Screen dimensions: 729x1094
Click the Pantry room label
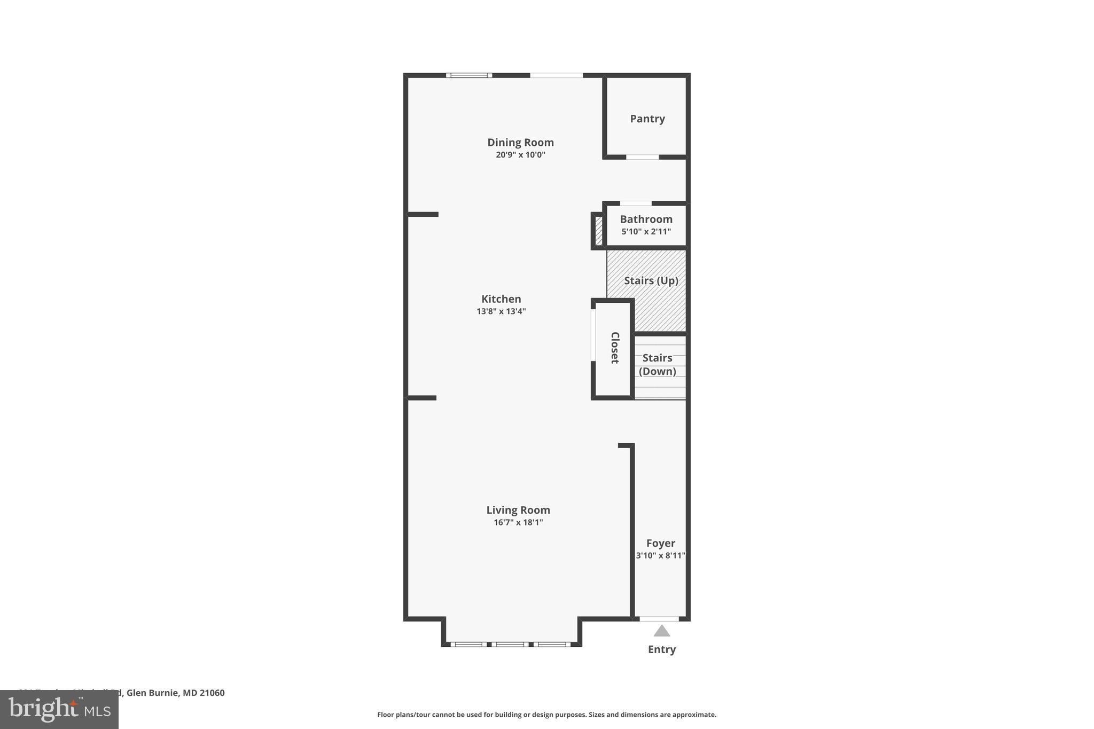pos(647,119)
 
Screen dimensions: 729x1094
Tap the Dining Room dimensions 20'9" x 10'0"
pos(520,155)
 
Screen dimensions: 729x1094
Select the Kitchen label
pos(501,299)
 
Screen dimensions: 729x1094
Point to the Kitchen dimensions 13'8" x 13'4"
pos(501,311)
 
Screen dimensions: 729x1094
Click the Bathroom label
pos(646,219)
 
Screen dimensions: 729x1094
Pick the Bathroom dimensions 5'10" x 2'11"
pos(646,232)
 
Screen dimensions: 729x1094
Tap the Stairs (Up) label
pos(651,280)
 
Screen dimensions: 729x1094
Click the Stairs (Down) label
pos(657,364)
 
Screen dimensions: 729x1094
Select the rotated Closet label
pos(615,348)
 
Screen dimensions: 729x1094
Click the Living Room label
pos(518,510)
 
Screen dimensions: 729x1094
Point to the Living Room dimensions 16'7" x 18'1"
pos(518,522)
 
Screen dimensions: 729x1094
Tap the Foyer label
pos(660,543)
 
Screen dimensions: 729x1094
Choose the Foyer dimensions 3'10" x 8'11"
pos(660,555)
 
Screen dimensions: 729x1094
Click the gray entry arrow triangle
pos(661,631)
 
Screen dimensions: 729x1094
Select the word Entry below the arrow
pos(661,649)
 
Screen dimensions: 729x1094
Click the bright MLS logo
pos(59,709)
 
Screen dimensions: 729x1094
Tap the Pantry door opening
pos(642,157)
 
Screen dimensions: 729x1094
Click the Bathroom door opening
pos(636,203)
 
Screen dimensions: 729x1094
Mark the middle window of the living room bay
pos(510,645)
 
